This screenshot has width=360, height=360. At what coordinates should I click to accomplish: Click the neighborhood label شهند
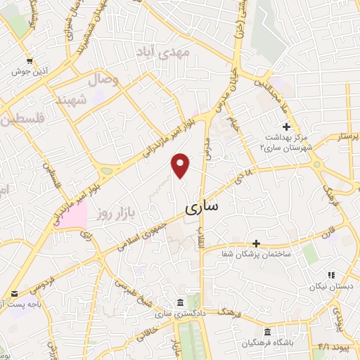tap(89, 101)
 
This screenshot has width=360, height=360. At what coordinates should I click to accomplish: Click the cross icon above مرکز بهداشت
tap(286, 127)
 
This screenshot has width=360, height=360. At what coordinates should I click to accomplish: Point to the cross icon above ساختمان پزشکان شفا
tap(256, 243)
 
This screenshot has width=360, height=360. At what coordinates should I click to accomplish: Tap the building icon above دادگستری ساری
tap(181, 300)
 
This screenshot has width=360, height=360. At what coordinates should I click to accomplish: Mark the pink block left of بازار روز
tap(70, 213)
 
